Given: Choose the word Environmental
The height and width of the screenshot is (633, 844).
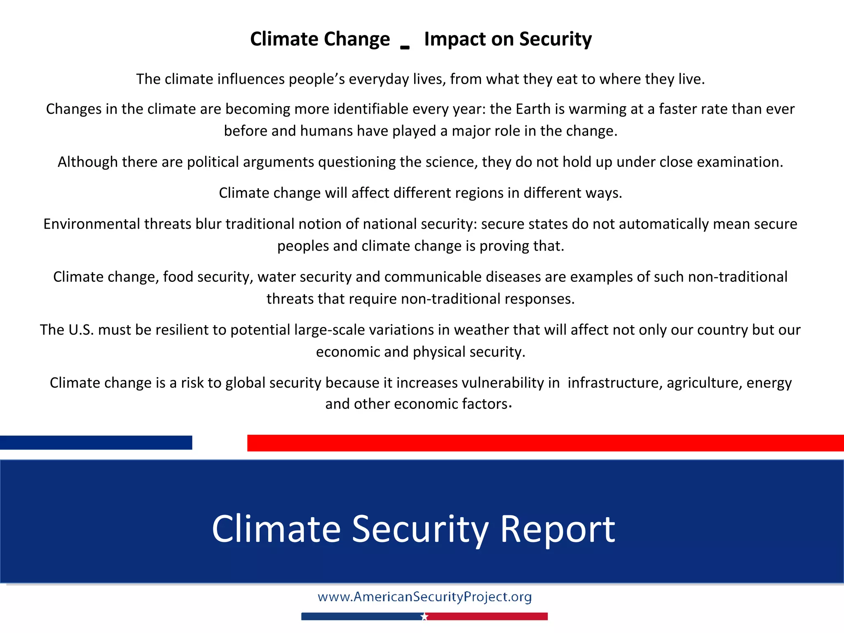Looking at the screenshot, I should click(x=91, y=224).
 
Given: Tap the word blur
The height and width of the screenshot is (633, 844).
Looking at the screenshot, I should click(x=208, y=224).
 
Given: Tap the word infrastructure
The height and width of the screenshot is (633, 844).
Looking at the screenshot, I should click(x=614, y=383).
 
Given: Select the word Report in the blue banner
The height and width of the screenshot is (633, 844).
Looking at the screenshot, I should click(x=558, y=529).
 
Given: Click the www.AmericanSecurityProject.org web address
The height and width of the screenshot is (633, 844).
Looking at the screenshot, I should click(x=424, y=597).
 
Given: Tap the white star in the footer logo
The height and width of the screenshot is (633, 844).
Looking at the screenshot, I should click(x=424, y=617).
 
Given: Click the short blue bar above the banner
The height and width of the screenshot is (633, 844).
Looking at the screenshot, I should click(x=96, y=443).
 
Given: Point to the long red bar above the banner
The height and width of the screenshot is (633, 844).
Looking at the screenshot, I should click(x=545, y=443).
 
